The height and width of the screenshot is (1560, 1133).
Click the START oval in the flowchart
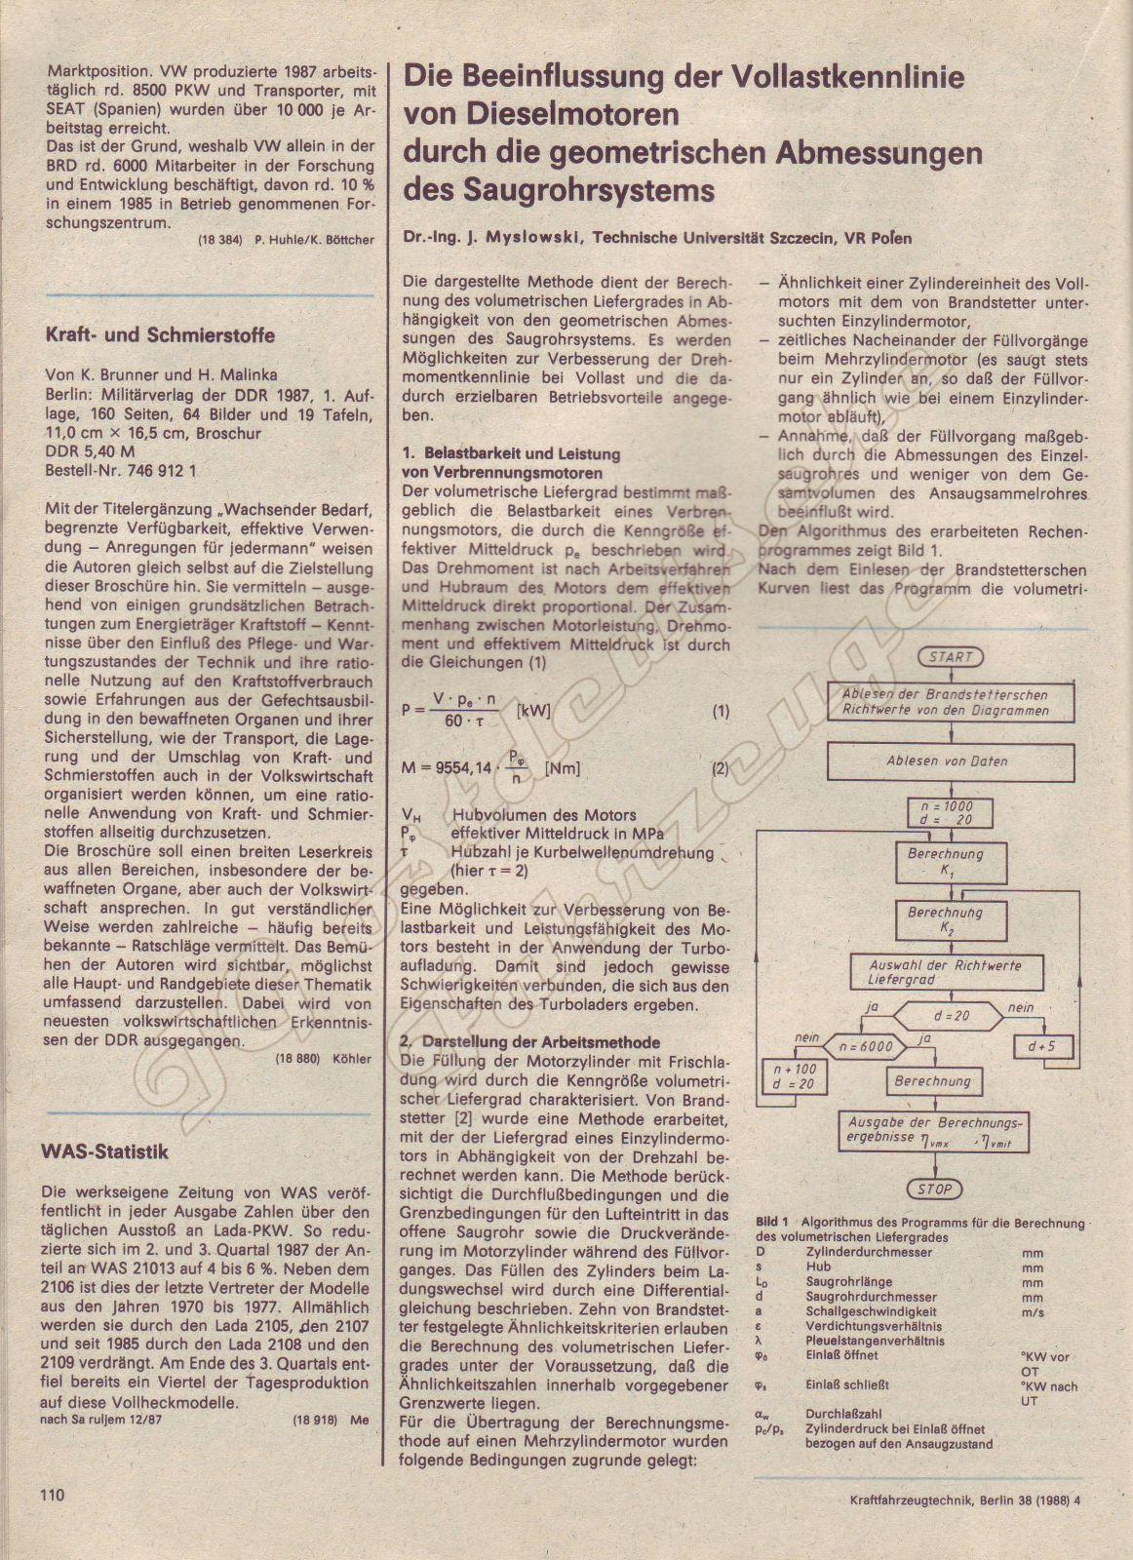point(951,657)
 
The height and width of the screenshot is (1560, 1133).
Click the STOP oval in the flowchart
point(934,1189)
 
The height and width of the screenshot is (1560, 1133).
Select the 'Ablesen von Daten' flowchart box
point(947,761)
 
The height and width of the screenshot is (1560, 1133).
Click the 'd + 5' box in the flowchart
point(1041,1047)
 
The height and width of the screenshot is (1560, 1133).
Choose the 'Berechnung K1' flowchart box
point(945,861)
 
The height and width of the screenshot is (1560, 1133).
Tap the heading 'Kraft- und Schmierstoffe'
point(160,335)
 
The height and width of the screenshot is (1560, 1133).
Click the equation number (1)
point(720,711)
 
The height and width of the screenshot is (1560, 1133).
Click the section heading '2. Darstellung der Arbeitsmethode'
point(530,1042)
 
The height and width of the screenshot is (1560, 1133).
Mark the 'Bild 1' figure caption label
point(772,1223)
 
